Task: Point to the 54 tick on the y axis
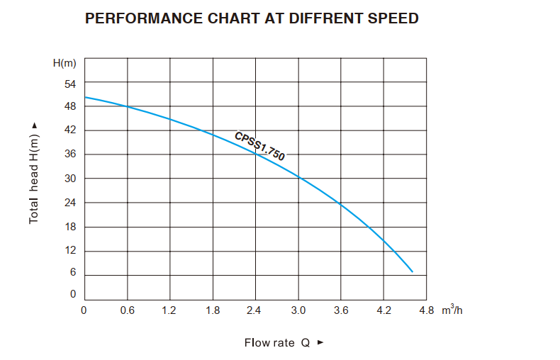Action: pos(70,84)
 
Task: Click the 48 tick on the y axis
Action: pos(70,107)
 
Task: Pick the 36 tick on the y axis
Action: pos(70,154)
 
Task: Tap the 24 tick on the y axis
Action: pos(70,203)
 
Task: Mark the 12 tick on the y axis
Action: pos(70,251)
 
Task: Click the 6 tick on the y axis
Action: pos(72,273)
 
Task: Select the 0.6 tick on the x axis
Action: pos(128,310)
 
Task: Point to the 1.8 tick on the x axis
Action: pos(213,310)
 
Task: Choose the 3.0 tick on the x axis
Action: pos(298,310)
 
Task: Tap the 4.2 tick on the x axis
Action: pos(383,310)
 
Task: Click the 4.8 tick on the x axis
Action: pos(425,310)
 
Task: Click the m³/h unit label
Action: pos(452,310)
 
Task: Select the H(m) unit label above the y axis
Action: pos(65,63)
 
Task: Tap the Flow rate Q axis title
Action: pos(277,343)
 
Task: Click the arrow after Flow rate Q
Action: pos(320,343)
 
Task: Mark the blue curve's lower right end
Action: pos(412,271)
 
